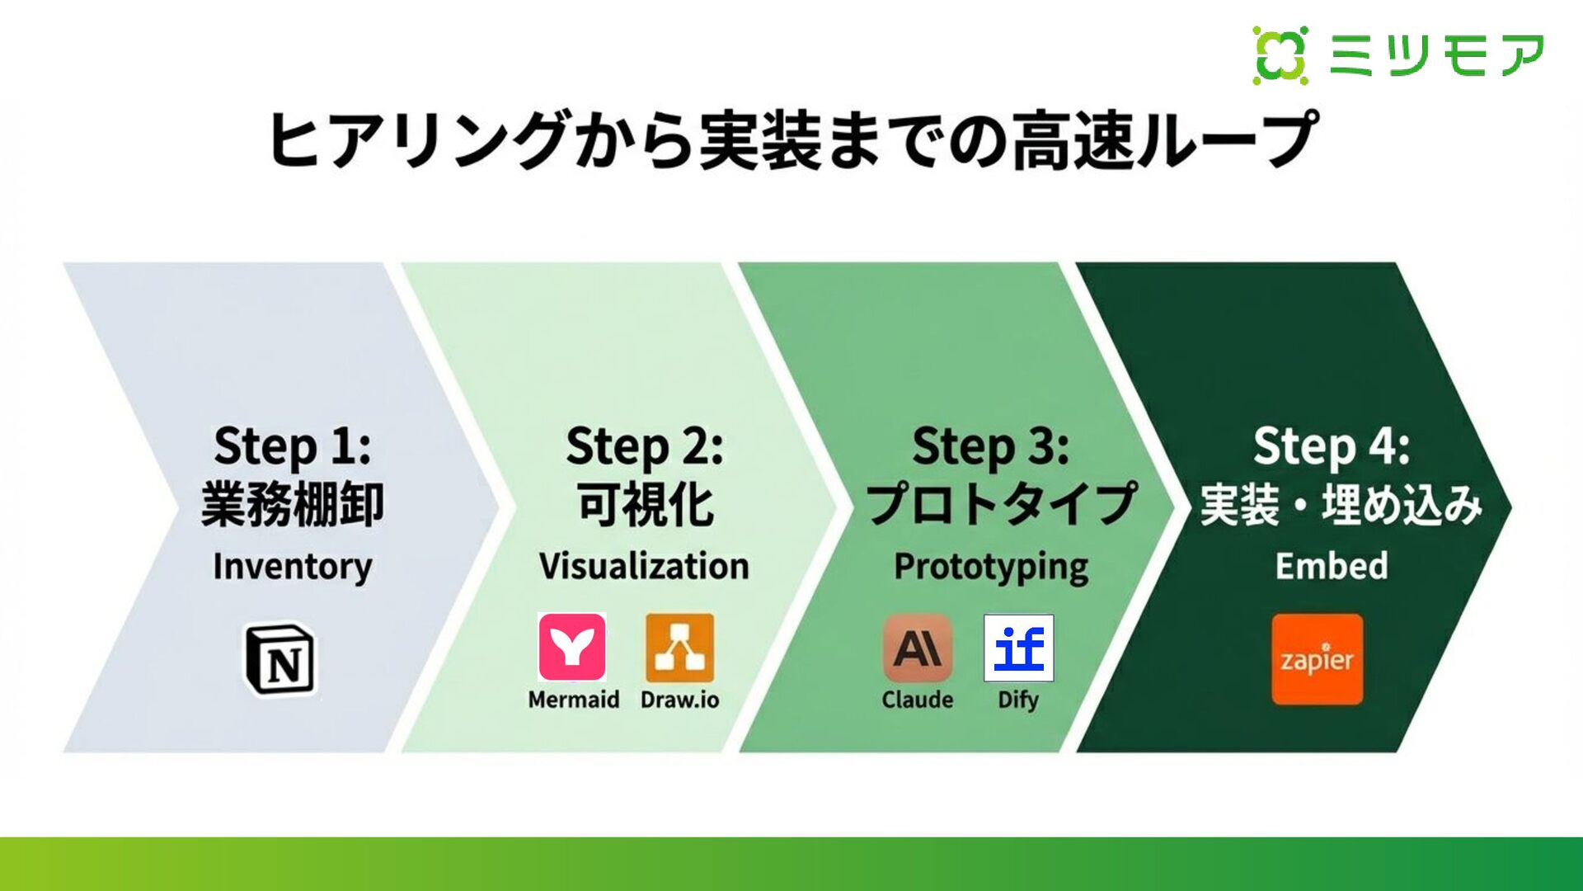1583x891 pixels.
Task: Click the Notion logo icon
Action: click(280, 658)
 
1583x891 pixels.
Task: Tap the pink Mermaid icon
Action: click(572, 647)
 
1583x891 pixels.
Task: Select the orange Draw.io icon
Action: click(679, 648)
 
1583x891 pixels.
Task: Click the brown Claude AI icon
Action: click(918, 648)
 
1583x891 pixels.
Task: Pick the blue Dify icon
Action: click(1018, 648)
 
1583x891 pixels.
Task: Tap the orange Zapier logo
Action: click(1317, 659)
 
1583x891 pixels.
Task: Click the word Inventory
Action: click(293, 567)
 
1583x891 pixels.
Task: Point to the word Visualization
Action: click(644, 567)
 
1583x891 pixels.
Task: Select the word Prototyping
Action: click(991, 568)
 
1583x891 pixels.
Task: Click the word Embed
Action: click(1332, 566)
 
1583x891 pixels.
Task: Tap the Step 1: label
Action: click(293, 446)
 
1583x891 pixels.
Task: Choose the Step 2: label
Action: click(645, 446)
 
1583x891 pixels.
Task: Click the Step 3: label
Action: click(991, 446)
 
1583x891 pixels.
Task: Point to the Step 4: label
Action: click(1332, 446)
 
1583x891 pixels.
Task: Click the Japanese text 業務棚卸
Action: click(293, 504)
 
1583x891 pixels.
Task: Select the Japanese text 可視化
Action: click(645, 504)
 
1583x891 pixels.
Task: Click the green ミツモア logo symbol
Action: click(1280, 55)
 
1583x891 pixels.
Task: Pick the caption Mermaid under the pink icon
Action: click(574, 700)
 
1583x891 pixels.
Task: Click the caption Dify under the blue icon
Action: click(1018, 700)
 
